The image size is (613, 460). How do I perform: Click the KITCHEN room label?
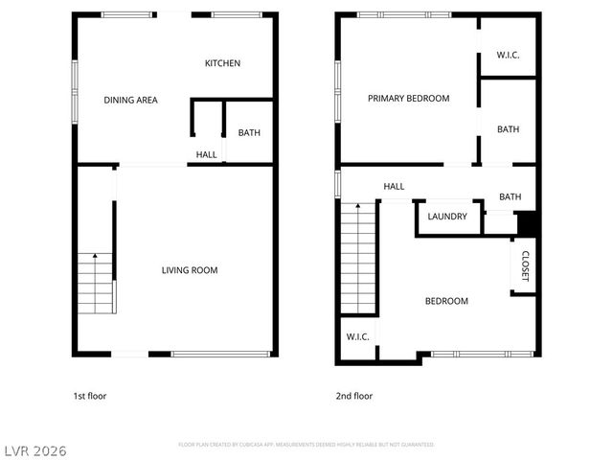[x=222, y=63]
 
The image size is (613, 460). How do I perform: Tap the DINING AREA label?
[x=130, y=100]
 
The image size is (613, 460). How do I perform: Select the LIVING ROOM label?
[x=189, y=270]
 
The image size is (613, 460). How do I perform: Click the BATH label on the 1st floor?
[x=249, y=133]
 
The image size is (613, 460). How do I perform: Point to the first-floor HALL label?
[x=206, y=154]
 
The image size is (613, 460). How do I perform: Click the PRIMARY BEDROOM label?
[x=409, y=98]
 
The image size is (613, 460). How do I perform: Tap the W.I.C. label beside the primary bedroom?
[x=508, y=55]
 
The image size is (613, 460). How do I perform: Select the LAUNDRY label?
[x=447, y=217]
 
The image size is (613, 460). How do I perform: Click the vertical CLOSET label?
[x=525, y=265]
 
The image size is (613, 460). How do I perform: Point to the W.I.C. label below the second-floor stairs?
[x=357, y=336]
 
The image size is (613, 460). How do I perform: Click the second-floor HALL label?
[x=394, y=187]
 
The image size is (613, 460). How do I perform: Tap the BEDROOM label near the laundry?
[x=446, y=301]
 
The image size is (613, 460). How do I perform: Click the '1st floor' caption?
[x=92, y=396]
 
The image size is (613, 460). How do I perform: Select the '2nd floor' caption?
[x=353, y=396]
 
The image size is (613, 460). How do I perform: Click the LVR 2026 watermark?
[x=36, y=448]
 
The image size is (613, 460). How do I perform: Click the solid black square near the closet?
[x=526, y=222]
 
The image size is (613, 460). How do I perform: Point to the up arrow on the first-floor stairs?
[x=95, y=257]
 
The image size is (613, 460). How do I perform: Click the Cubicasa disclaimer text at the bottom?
[x=306, y=445]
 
